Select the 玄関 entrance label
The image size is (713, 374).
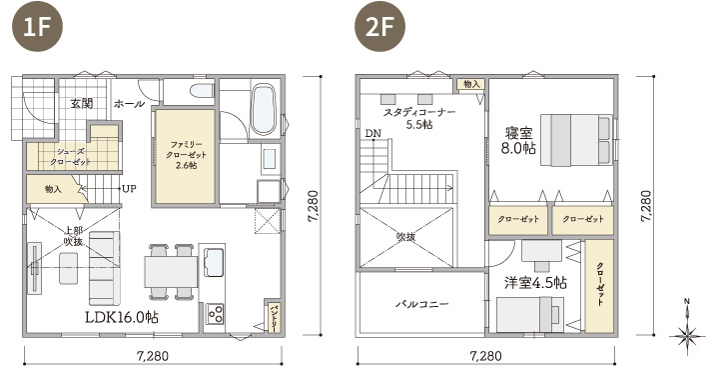(82, 103)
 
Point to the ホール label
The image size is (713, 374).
(129, 103)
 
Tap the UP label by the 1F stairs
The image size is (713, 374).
(129, 188)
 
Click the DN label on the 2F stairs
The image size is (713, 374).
(372, 133)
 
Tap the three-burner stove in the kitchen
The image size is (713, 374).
(216, 314)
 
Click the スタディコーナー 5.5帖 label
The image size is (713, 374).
(418, 118)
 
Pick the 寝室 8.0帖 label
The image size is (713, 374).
(519, 138)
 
